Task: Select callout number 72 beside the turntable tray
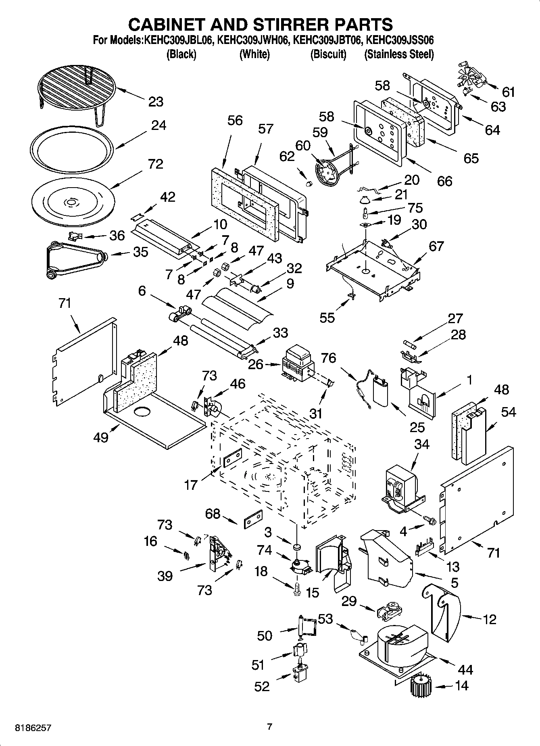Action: click(x=156, y=164)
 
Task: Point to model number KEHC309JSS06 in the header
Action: click(x=399, y=41)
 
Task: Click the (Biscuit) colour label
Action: click(x=328, y=54)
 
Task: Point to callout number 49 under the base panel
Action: click(x=101, y=437)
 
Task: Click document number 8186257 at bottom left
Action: click(x=33, y=728)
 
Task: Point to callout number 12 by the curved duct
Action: click(x=489, y=619)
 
